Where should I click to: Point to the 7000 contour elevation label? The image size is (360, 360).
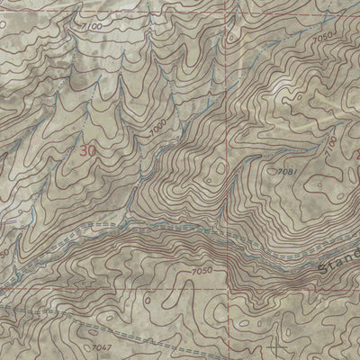point(158,130)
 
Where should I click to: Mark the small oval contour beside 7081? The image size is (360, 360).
point(273,168)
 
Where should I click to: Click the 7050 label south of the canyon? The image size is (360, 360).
point(202,270)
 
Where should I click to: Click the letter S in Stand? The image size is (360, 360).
point(326,270)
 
